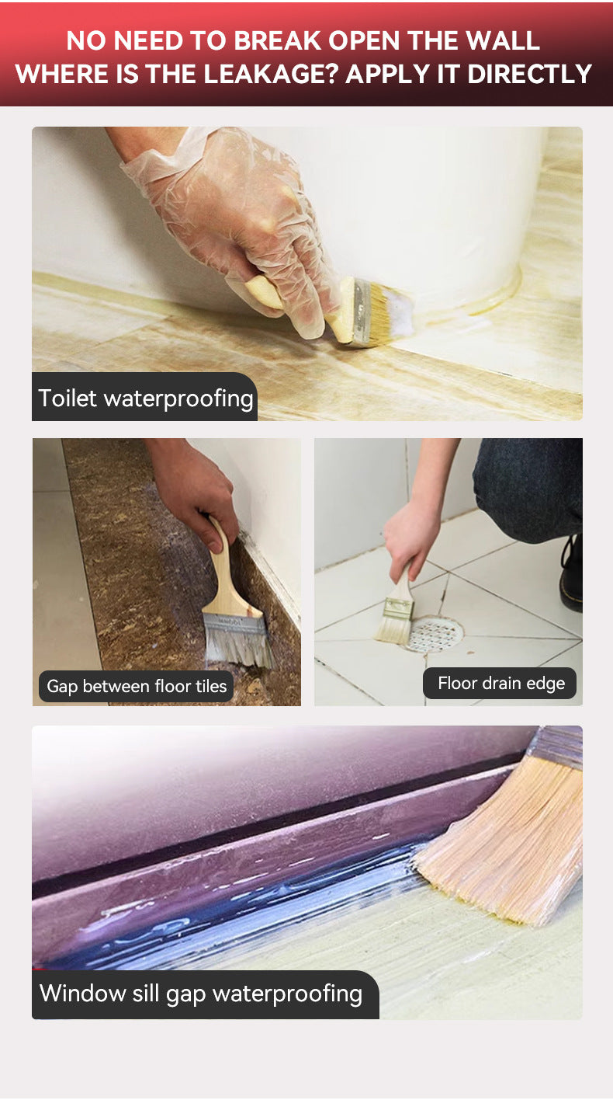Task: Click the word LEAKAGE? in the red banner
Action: [x=271, y=74]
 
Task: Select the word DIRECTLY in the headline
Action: [x=530, y=74]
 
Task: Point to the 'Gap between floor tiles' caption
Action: [x=137, y=686]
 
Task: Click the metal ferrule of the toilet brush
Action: [x=362, y=312]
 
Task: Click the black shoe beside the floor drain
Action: [x=572, y=575]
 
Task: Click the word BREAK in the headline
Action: [x=279, y=40]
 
